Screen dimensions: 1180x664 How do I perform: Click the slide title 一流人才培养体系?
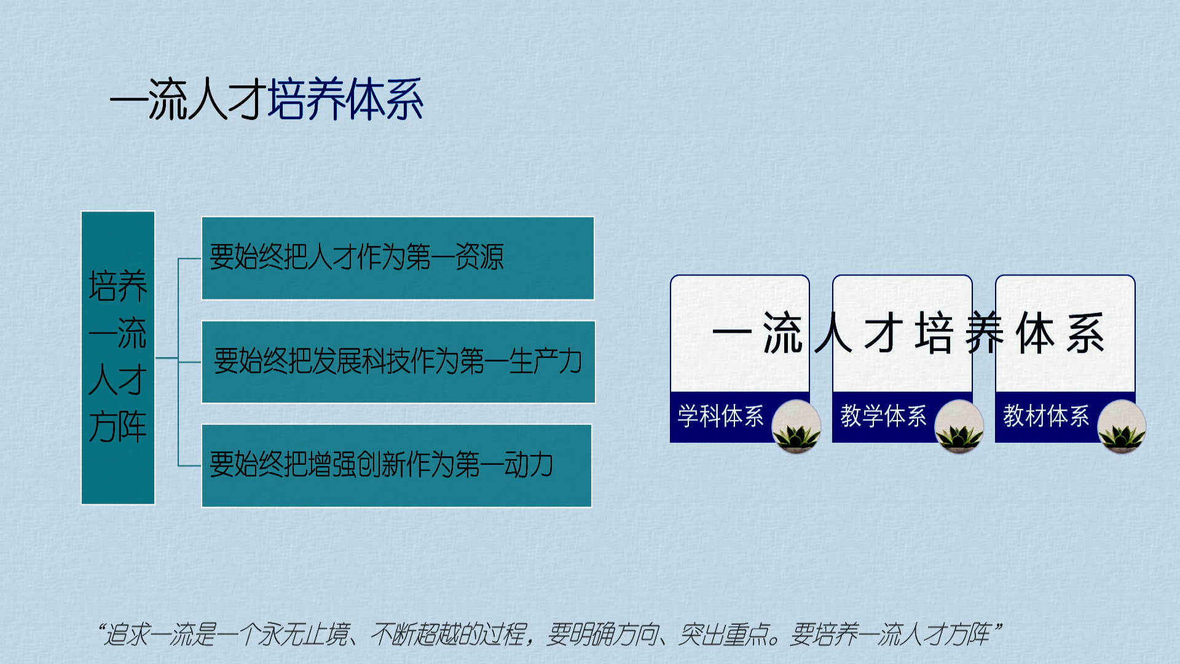(x=266, y=99)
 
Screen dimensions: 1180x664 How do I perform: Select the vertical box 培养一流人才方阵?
(x=118, y=358)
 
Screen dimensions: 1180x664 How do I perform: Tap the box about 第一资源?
(x=398, y=258)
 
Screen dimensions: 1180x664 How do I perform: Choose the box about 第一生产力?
(x=398, y=362)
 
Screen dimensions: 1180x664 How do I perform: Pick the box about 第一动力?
(x=396, y=465)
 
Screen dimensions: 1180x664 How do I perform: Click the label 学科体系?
(x=720, y=416)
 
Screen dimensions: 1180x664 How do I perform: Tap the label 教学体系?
(x=883, y=416)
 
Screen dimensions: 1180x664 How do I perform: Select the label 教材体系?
(x=1046, y=416)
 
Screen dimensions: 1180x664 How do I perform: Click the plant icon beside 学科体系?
(x=796, y=427)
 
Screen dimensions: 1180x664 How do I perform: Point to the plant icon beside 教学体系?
(x=959, y=427)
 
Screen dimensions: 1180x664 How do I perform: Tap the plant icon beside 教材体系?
(x=1122, y=427)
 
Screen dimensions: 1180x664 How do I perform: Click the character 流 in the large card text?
(x=783, y=333)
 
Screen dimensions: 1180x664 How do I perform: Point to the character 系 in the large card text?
(x=1086, y=333)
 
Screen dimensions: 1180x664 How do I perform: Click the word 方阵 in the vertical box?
(x=118, y=427)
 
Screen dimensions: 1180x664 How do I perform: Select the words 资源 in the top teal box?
(x=479, y=257)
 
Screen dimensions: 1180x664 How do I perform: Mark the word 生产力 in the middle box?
(x=546, y=361)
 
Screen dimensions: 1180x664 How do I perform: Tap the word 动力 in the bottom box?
(x=529, y=464)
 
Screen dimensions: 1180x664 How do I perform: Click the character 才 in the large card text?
(x=883, y=333)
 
